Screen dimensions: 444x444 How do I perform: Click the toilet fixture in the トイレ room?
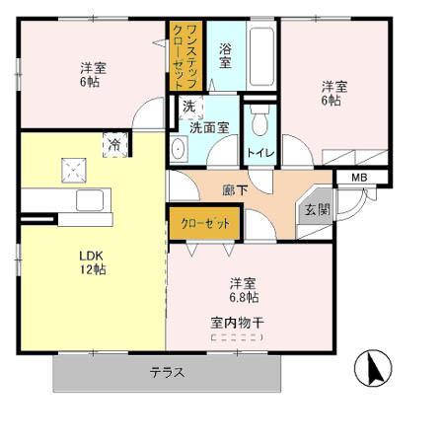(259, 122)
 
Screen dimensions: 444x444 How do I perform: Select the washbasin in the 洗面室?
(179, 149)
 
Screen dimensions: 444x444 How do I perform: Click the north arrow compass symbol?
(374, 370)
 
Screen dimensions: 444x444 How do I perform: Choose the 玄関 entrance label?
(317, 209)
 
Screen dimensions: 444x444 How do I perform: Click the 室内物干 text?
(236, 322)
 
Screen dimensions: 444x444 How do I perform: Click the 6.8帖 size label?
(245, 296)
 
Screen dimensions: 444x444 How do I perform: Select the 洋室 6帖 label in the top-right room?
(331, 94)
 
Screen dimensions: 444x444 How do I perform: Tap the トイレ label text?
(260, 153)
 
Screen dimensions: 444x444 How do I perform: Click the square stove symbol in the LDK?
(71, 170)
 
